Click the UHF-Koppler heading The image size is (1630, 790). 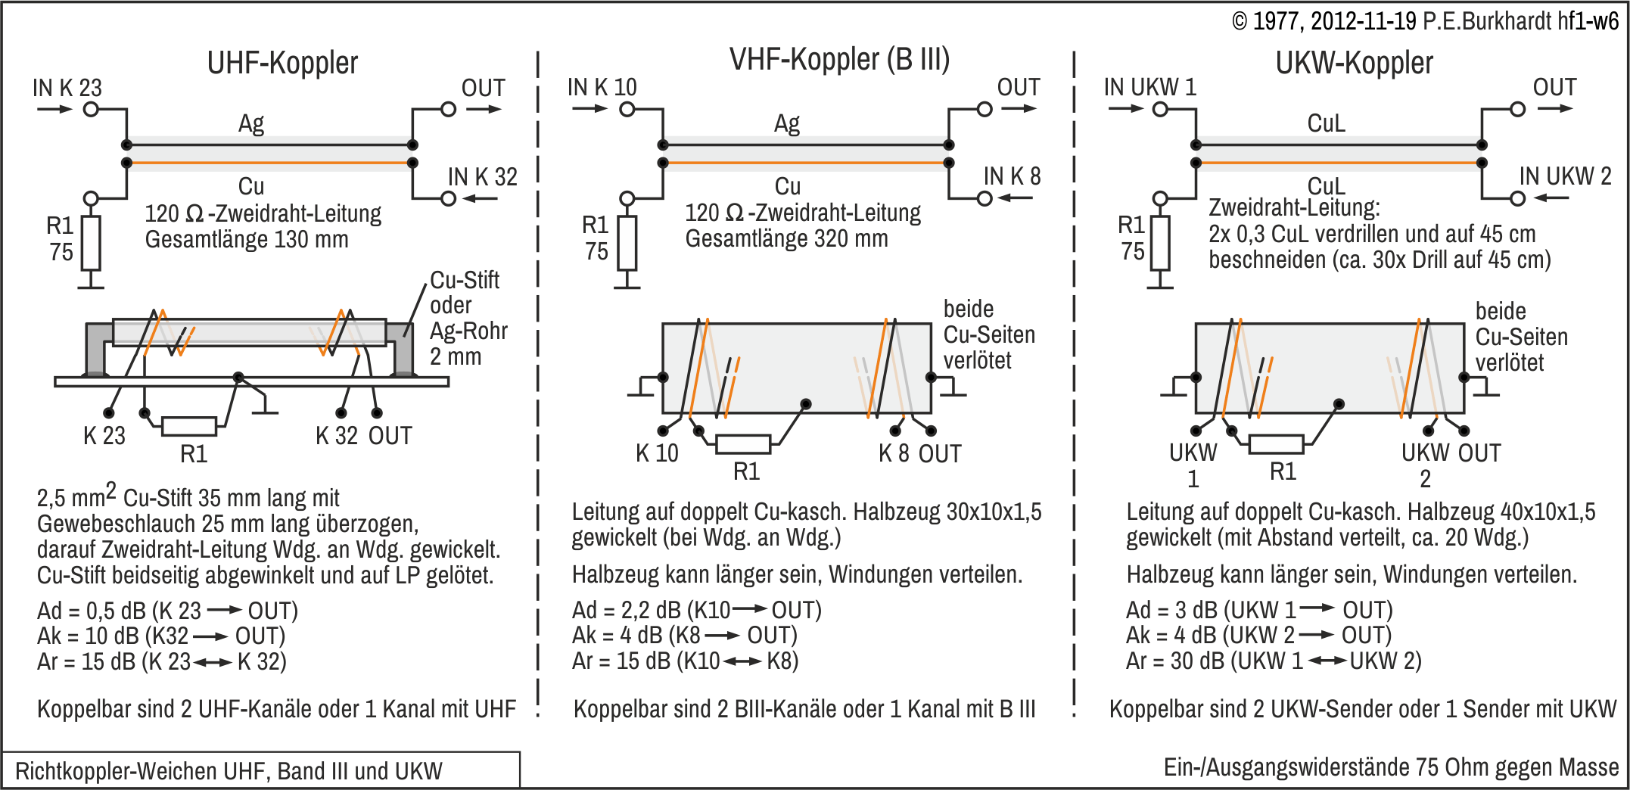282,63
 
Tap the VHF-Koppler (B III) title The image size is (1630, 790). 839,59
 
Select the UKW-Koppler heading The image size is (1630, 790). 1354,63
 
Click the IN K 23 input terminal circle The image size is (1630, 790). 91,110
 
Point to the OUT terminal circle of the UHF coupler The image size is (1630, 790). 448,110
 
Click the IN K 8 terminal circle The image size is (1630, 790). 984,198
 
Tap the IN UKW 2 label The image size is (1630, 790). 1565,176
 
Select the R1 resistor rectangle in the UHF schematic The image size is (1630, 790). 91,243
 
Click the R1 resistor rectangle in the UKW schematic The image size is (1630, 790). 1160,243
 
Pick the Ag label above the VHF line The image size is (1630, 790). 786,123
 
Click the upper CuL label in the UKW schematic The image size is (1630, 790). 1326,123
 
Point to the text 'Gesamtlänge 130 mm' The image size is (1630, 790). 247,240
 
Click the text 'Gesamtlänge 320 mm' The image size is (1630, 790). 786,239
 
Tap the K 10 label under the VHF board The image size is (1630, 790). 657,453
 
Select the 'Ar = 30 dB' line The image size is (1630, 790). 1274,661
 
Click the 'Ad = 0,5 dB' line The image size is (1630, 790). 167,611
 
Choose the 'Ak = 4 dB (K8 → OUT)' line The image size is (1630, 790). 685,636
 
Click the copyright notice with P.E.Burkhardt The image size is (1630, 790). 1425,20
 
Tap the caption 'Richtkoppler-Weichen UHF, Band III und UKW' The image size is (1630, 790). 229,771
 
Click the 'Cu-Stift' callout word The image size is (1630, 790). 465,280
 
